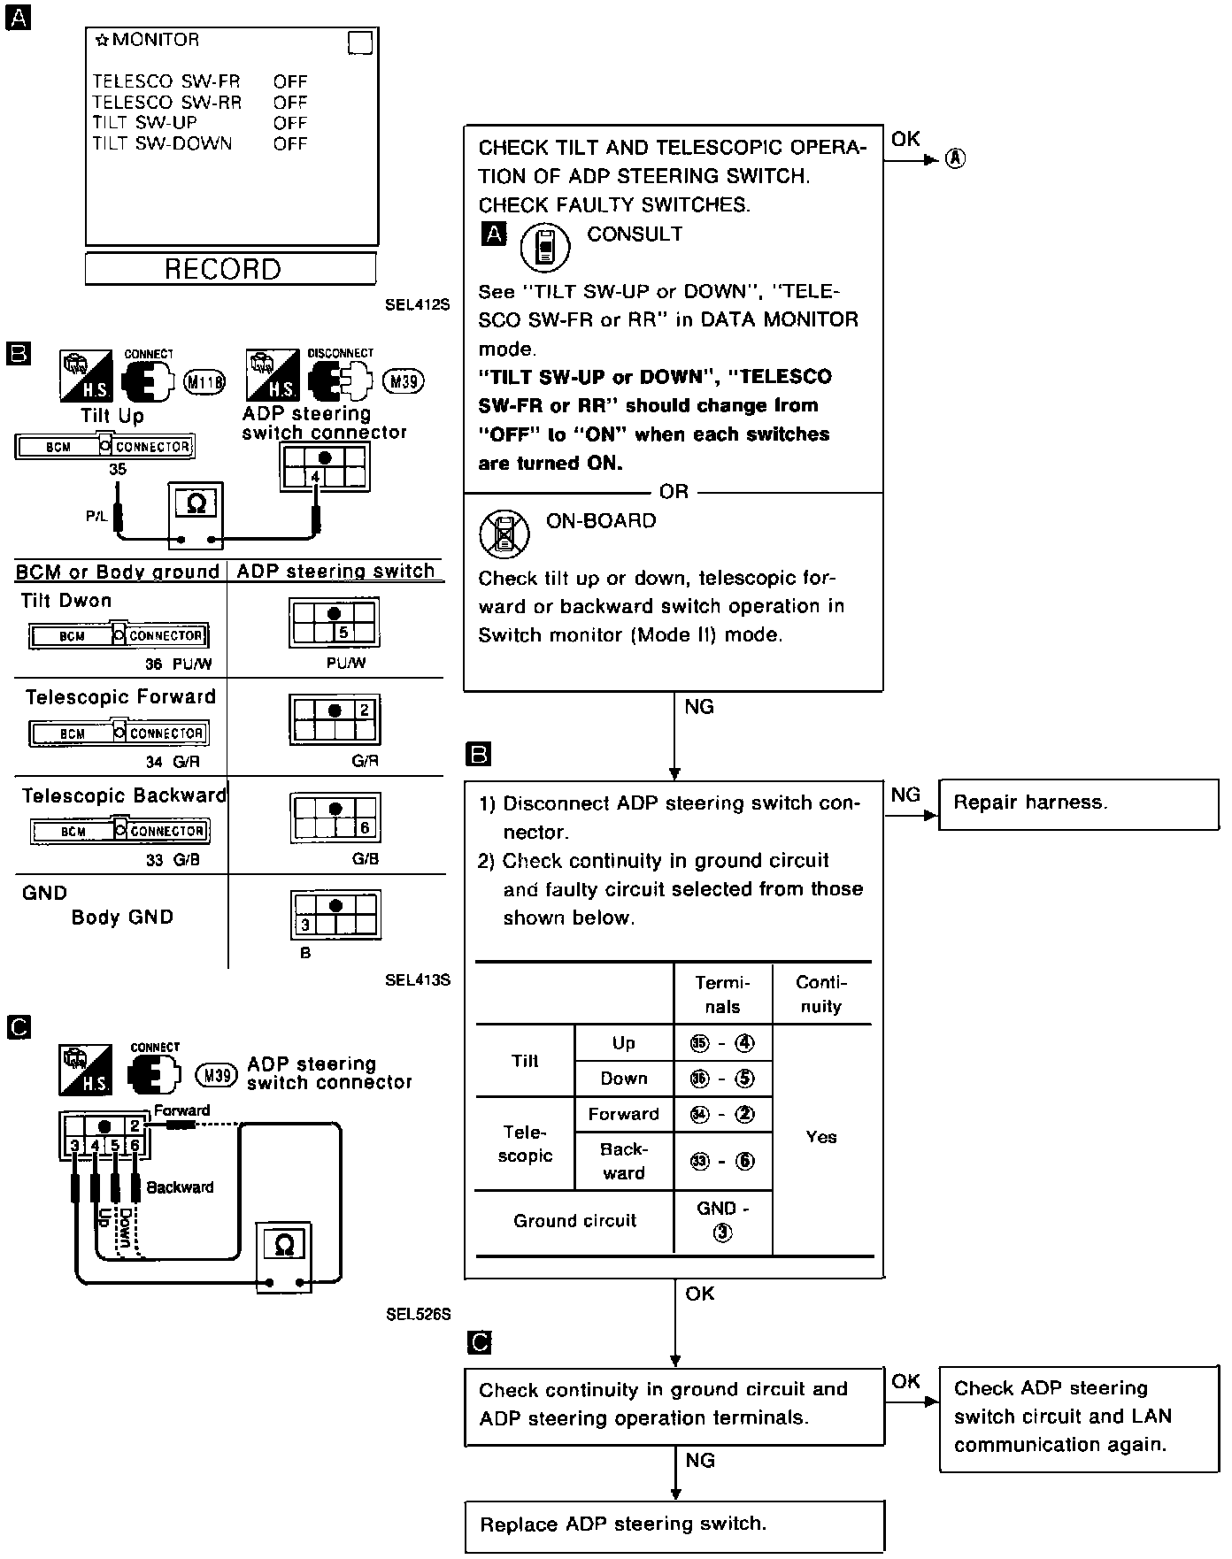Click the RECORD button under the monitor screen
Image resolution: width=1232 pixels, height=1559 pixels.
coord(230,269)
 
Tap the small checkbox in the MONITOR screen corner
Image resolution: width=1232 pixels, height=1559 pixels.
coord(360,42)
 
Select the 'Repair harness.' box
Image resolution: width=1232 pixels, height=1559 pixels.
coord(1078,803)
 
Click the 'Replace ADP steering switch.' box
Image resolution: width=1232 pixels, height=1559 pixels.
coord(674,1524)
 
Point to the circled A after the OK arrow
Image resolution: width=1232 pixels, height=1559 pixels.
coord(955,158)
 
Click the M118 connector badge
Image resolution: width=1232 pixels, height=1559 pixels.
coord(204,382)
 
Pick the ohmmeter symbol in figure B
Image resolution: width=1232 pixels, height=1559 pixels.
coord(196,503)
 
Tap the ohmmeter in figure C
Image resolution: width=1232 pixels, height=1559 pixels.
coord(284,1246)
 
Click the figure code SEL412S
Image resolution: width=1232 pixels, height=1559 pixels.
coord(418,304)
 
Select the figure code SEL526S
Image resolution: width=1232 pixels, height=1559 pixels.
coord(418,1315)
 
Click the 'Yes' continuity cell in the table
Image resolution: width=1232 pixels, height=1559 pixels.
coord(821,1137)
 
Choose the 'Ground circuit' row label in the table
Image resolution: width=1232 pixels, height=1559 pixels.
coord(574,1221)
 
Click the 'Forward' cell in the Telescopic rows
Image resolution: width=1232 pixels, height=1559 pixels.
coord(624,1114)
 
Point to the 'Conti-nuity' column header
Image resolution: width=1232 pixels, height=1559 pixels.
coord(821,995)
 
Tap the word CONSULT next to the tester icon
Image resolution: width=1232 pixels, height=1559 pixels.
coord(635,234)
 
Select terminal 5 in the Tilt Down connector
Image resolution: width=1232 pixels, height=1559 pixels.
coord(343,633)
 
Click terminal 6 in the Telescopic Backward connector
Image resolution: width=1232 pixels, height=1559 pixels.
coord(365,828)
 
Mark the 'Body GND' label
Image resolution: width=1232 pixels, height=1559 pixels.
coord(122,918)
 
